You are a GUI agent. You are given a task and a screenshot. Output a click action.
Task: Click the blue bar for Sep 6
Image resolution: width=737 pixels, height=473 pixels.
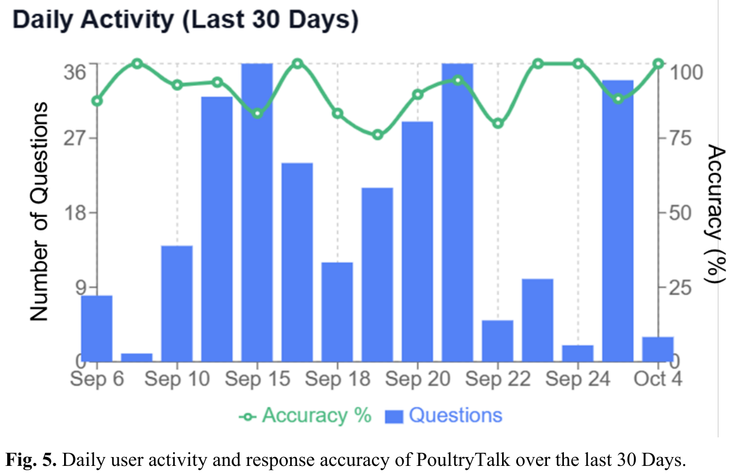(97, 328)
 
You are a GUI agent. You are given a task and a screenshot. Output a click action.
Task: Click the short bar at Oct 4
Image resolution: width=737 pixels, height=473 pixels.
(658, 349)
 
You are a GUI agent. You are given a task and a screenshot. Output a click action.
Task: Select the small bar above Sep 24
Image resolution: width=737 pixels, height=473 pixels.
(578, 353)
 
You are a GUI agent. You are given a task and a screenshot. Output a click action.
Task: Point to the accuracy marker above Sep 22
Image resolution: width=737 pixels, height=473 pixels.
(498, 123)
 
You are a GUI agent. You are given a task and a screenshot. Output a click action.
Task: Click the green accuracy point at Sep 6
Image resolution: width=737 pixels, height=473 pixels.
(97, 101)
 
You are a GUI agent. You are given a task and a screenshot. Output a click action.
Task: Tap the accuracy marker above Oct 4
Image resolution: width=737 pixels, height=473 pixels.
(658, 64)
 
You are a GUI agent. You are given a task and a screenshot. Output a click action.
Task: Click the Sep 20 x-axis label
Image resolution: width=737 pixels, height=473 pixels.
(418, 379)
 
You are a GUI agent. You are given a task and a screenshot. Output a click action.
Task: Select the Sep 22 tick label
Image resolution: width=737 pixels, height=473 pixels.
(498, 379)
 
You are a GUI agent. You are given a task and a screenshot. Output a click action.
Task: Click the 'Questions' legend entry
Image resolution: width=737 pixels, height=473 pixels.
(445, 415)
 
